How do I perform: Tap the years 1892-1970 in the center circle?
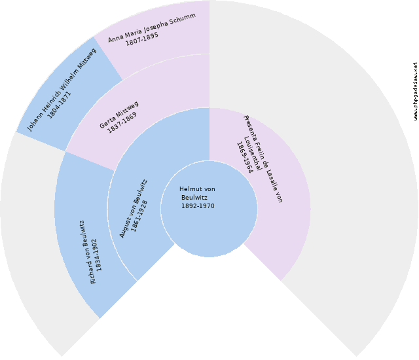pyautogui.click(x=198, y=206)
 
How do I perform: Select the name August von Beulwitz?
pyautogui.click(x=134, y=209)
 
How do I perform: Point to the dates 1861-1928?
pyautogui.click(x=143, y=213)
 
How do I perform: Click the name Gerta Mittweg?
pyautogui.click(x=119, y=115)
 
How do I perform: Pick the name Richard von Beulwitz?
pyautogui.click(x=88, y=253)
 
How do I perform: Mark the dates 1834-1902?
pyautogui.click(x=97, y=255)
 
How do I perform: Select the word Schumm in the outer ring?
pyautogui.click(x=181, y=20)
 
